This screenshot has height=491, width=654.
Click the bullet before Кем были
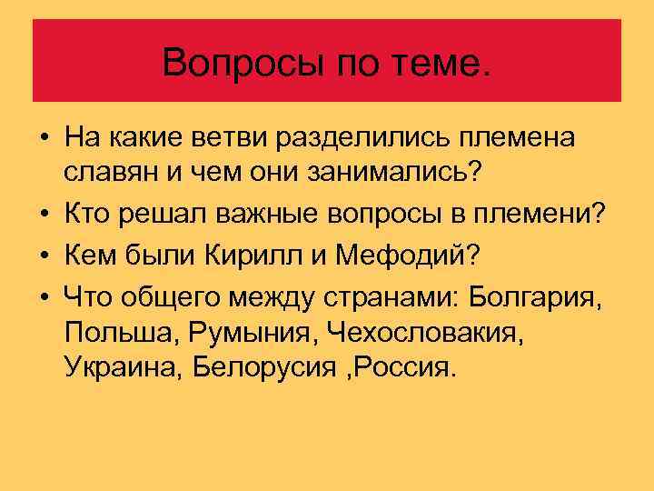point(45,256)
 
